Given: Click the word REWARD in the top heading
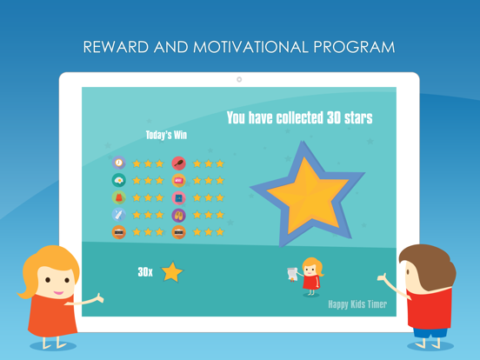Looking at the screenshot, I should click(x=112, y=46).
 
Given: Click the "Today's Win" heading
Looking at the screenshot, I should click(x=166, y=135).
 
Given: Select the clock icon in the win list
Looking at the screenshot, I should click(x=119, y=163).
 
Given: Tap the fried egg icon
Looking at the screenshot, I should click(x=119, y=180).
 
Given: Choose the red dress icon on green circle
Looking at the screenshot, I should click(x=119, y=197).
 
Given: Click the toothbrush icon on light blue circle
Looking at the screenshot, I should click(x=119, y=215).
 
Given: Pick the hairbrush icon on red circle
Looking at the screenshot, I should click(x=178, y=163).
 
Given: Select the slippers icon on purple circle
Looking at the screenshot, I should click(x=178, y=215).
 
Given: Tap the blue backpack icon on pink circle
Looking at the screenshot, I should click(x=178, y=197).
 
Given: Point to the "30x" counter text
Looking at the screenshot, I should click(x=145, y=272).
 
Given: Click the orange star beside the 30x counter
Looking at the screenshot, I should click(x=172, y=272).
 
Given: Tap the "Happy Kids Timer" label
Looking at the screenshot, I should click(x=357, y=304).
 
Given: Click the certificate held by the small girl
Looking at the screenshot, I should click(x=293, y=275).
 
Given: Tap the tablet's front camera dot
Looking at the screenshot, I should click(x=239, y=79).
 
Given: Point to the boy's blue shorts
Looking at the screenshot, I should click(x=430, y=332).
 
